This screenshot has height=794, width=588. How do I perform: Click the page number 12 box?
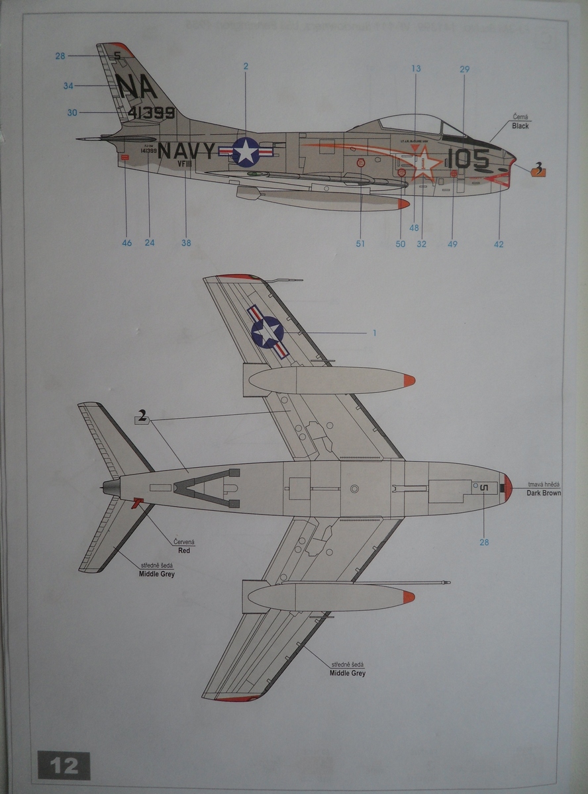(64, 766)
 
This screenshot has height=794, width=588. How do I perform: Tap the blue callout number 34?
(69, 85)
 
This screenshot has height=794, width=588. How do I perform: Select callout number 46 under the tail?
(126, 243)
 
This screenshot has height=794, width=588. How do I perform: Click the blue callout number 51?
(360, 243)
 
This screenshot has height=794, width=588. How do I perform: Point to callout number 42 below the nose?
(499, 244)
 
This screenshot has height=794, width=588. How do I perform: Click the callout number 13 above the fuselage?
(416, 69)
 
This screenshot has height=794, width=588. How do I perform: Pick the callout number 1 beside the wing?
(374, 332)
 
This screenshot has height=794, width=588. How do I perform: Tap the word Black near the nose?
(520, 126)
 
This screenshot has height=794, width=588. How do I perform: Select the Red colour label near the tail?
(184, 550)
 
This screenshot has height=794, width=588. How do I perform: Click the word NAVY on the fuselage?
(187, 152)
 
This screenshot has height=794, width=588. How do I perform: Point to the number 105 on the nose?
(468, 159)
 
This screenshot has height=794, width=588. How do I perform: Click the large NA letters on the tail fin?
(136, 85)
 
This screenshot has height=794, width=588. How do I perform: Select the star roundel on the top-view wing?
(268, 331)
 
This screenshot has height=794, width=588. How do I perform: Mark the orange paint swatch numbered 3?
(538, 171)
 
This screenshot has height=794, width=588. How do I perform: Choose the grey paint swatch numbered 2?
(142, 417)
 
